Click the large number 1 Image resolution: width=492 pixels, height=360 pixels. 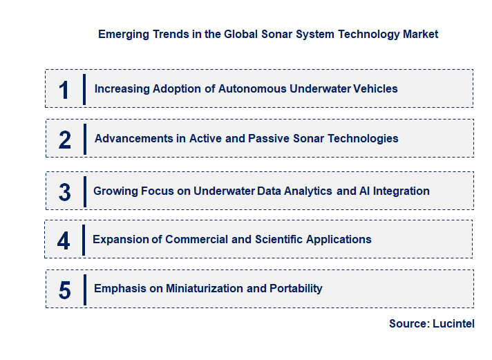(64, 90)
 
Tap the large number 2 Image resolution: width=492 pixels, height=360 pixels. (65, 140)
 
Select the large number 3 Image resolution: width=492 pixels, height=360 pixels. (65, 192)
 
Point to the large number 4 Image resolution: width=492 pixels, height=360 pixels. (64, 240)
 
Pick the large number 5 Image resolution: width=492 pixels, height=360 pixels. (65, 290)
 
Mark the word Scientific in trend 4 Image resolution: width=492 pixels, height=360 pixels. (279, 239)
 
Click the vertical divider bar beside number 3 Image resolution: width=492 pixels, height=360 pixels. (84, 191)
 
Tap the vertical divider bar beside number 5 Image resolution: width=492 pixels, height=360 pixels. (84, 289)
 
